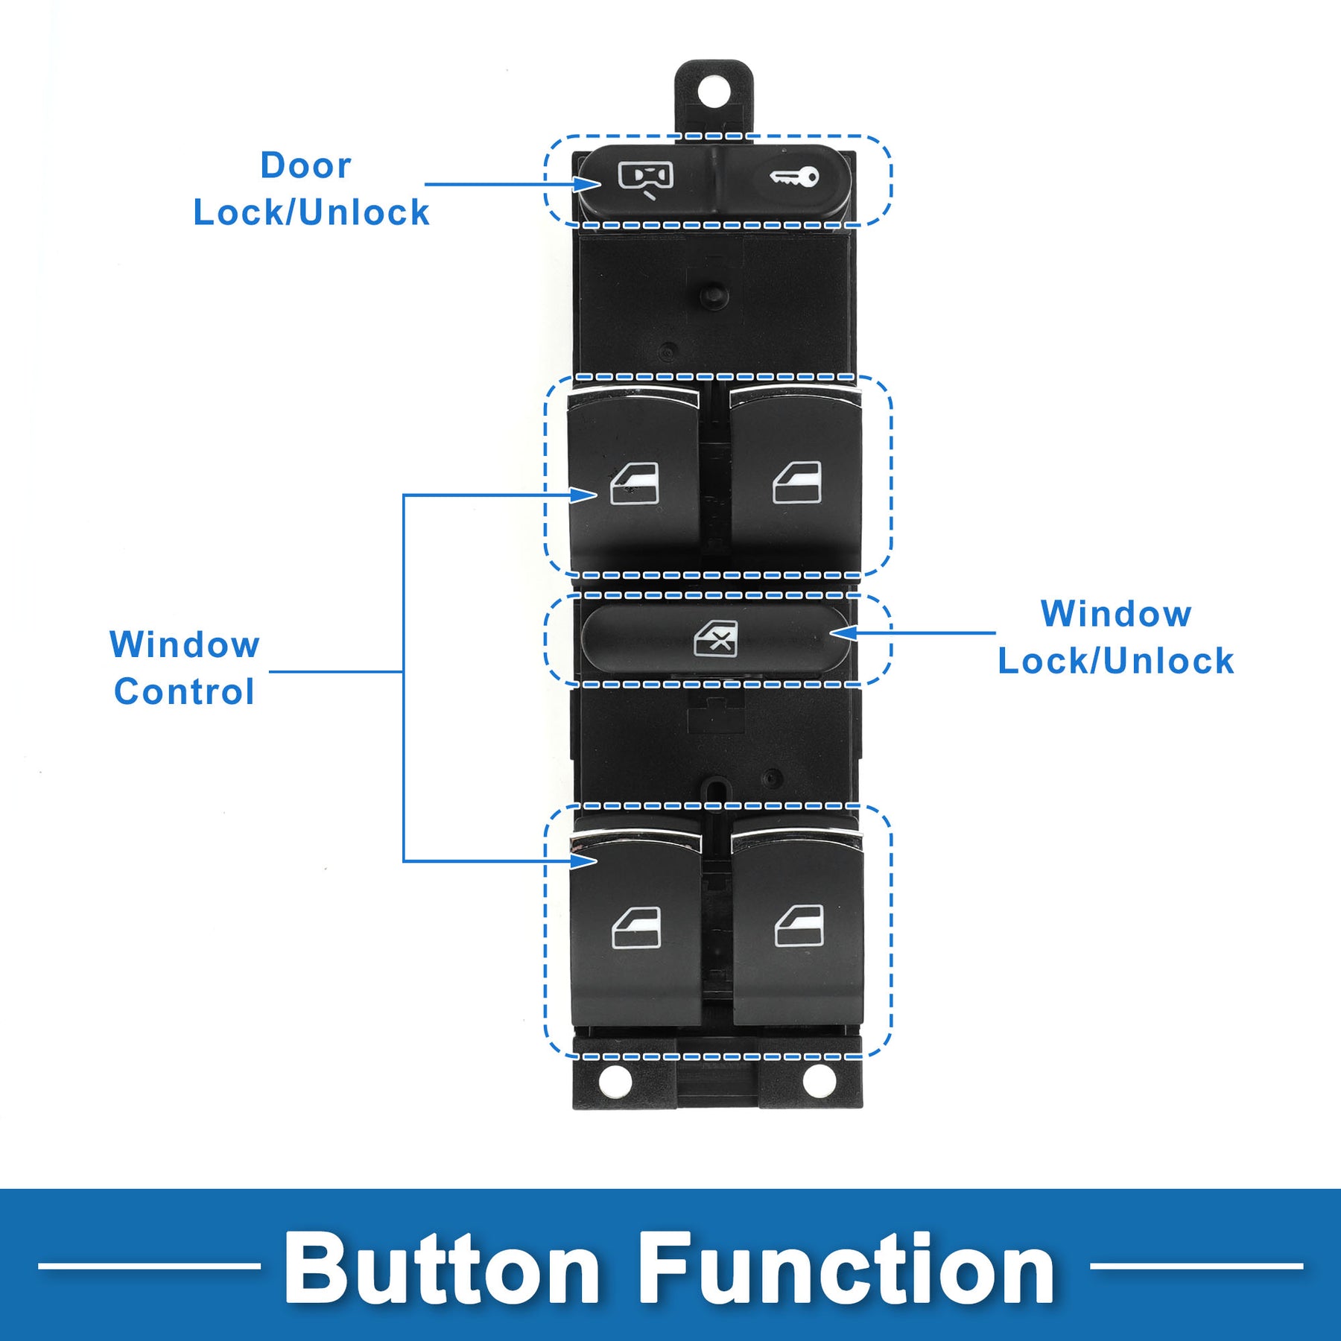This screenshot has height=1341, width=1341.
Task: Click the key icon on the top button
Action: tap(794, 177)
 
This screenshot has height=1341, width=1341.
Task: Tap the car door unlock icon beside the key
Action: tap(645, 178)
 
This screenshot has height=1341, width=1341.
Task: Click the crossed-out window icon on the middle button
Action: tap(716, 639)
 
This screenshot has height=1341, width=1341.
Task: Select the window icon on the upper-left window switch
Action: tap(635, 484)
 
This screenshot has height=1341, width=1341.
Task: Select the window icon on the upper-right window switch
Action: tap(797, 483)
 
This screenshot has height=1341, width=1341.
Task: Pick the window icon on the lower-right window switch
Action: tap(799, 926)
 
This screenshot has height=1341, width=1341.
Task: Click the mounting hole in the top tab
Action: tap(714, 92)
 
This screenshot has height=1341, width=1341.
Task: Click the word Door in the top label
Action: tap(305, 165)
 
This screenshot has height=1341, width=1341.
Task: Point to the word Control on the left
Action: tap(184, 691)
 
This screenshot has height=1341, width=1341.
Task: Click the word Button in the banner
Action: tap(441, 1269)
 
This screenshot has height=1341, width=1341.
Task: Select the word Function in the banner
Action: tap(846, 1269)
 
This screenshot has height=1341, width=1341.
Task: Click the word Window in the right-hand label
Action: tap(1115, 615)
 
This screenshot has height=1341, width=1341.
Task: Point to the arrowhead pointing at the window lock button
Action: tap(842, 633)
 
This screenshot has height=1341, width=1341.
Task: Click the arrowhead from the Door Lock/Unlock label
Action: tap(589, 184)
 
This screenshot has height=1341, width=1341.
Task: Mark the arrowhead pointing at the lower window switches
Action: tap(586, 861)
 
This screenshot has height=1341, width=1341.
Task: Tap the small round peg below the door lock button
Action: tap(713, 291)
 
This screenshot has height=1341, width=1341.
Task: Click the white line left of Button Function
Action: tap(149, 1266)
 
